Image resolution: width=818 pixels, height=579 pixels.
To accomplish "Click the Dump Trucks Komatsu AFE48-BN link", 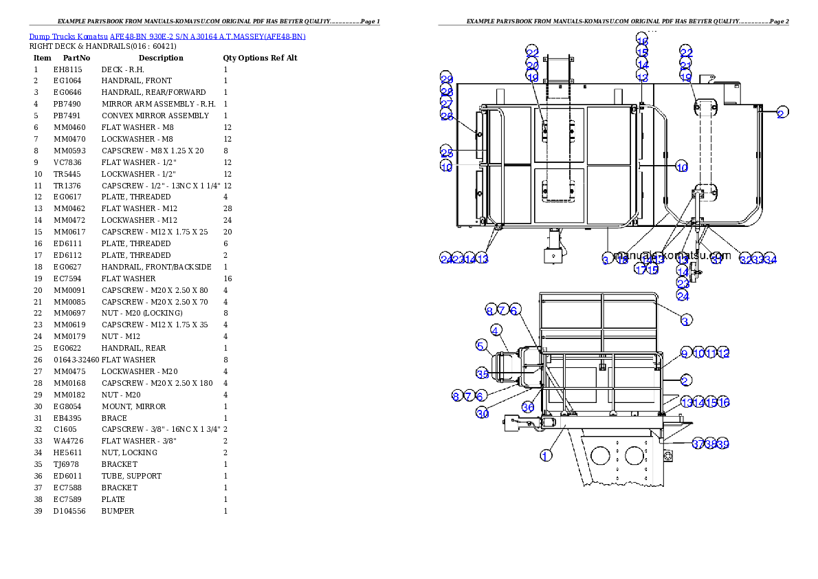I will point(167,36).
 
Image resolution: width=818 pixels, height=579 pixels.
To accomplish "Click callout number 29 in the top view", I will point(447,79).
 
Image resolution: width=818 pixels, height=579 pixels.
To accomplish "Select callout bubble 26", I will point(447,116).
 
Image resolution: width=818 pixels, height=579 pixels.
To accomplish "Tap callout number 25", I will point(447,152).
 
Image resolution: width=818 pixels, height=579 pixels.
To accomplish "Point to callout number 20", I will point(533,65).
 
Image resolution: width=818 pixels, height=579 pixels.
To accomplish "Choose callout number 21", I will point(686,65).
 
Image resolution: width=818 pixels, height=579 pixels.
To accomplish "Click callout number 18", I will point(622,259).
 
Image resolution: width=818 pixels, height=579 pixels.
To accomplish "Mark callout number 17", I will point(640,270).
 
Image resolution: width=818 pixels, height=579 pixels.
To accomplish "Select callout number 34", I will point(771,259).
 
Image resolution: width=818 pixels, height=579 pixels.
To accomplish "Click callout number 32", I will point(746,259).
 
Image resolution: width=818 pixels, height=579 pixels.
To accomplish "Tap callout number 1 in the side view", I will point(546,455).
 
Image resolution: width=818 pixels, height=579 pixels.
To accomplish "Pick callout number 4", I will point(515,330).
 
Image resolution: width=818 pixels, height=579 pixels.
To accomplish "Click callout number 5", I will point(481,344).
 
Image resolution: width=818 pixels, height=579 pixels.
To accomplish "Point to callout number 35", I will point(483,373).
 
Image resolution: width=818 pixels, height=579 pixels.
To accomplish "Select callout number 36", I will point(528,406).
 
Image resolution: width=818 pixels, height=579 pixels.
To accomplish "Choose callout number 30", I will point(483,413).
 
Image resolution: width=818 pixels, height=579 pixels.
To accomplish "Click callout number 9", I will point(685,353).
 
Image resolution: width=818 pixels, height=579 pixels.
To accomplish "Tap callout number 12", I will point(722,353).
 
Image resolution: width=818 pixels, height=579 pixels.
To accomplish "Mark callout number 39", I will point(722,444).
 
